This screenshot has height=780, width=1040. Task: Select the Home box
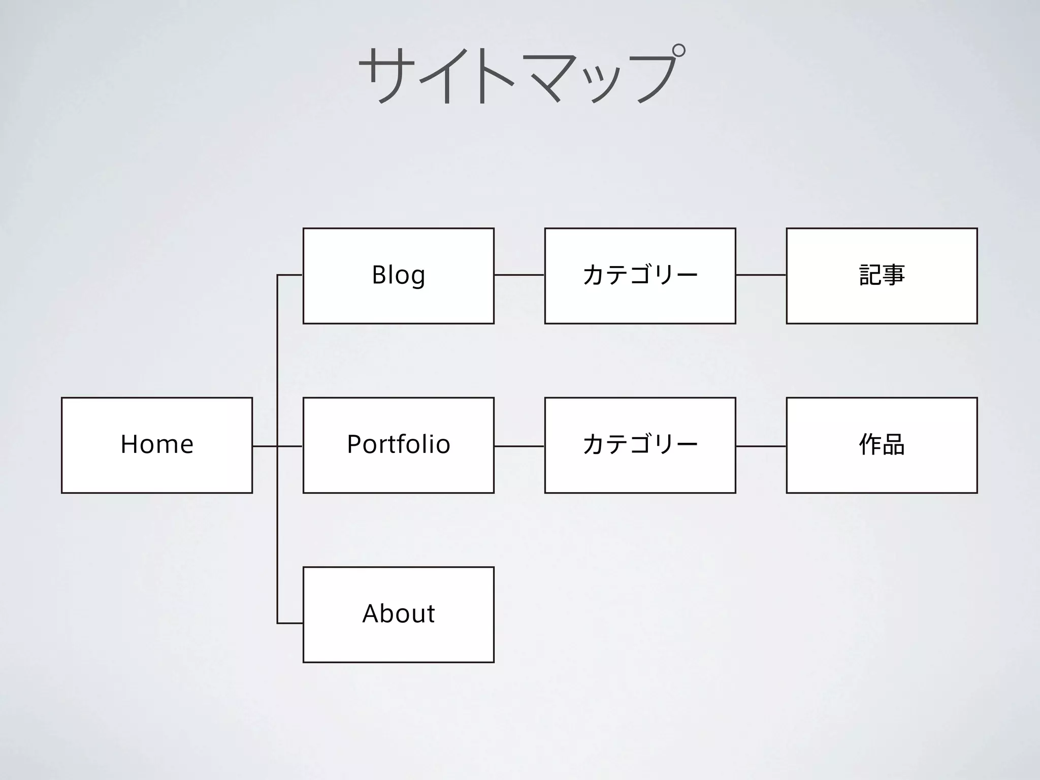(157, 445)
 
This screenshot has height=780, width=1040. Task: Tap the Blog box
(399, 276)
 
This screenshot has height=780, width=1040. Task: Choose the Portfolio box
(399, 445)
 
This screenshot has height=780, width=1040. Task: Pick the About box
(399, 614)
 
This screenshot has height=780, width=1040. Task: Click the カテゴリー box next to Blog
(640, 276)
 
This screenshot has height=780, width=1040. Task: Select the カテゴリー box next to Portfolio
(640, 445)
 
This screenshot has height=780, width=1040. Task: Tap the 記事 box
(882, 276)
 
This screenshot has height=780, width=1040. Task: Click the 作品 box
(882, 445)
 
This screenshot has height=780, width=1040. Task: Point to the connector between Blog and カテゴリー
(519, 275)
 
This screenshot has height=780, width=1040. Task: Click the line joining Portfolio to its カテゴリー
(519, 446)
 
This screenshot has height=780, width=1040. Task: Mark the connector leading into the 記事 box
(761, 275)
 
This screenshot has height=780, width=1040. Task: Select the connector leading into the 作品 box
(761, 446)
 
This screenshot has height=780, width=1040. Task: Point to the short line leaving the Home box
(265, 446)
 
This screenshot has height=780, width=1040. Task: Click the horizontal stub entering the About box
(290, 623)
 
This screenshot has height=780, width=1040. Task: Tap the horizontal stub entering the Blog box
(290, 275)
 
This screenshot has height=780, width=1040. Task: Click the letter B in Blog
(379, 275)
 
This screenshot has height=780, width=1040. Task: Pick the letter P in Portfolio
(354, 444)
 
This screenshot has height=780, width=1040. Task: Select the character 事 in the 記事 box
(893, 275)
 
